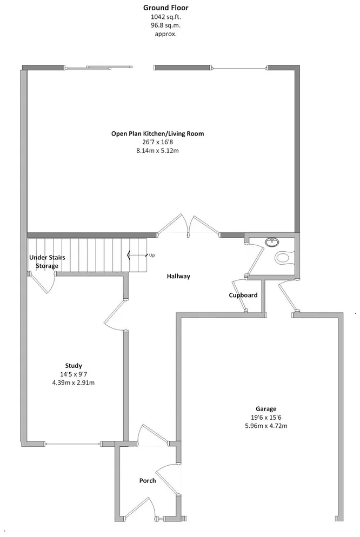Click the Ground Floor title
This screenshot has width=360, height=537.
click(x=166, y=8)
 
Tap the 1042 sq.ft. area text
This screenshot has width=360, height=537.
click(x=166, y=17)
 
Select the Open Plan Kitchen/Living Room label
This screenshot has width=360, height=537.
click(x=157, y=133)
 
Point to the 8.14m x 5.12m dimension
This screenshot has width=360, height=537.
click(x=157, y=150)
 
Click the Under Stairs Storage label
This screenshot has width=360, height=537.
click(x=47, y=261)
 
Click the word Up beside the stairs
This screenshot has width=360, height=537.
click(x=152, y=255)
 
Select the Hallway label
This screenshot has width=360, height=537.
click(x=178, y=276)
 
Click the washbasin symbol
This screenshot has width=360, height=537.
click(x=272, y=242)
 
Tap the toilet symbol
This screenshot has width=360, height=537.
click(x=285, y=257)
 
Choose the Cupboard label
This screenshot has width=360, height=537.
click(x=243, y=295)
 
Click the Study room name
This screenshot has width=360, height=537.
click(x=74, y=365)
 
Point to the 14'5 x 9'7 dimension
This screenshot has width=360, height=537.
click(x=74, y=374)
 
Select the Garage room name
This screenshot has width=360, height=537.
click(x=266, y=408)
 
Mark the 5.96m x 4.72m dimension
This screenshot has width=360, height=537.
click(x=266, y=426)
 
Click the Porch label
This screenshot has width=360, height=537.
click(x=148, y=480)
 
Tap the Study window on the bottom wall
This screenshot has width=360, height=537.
click(x=72, y=444)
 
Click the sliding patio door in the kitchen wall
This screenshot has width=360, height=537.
click(x=98, y=68)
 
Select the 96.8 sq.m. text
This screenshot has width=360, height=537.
click(x=166, y=25)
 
